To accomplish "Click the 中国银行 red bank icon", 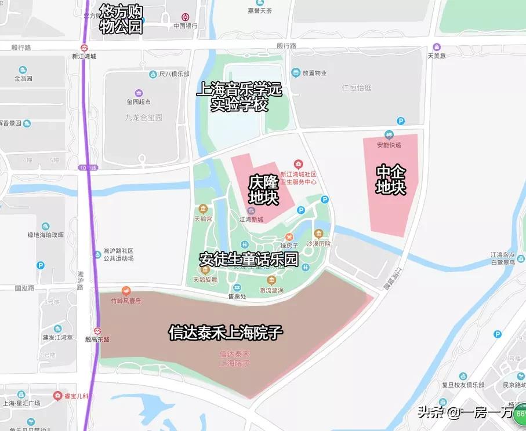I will click(x=185, y=17).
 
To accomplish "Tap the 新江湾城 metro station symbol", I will click(x=84, y=48).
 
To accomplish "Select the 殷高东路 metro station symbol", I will click(x=97, y=331).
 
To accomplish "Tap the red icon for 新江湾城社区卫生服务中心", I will click(x=298, y=165).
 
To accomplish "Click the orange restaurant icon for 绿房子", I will click(x=288, y=236).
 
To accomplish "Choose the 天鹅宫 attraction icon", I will click(x=203, y=209).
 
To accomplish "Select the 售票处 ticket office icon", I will click(x=237, y=288).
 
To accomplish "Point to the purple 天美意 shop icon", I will click(x=437, y=47).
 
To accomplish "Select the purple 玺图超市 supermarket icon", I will click(x=139, y=93).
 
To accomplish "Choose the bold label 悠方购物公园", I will click(x=121, y=19).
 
